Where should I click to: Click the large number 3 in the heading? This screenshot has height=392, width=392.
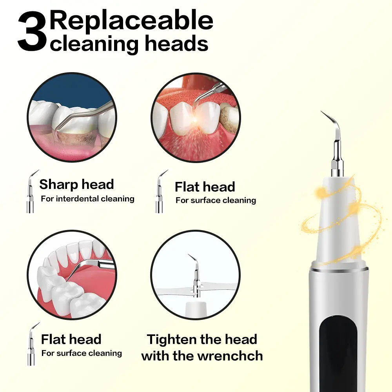(x=32, y=31)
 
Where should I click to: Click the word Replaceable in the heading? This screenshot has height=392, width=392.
(x=131, y=21)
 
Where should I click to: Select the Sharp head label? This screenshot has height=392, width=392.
(x=76, y=185)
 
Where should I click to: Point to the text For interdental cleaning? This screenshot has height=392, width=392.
(x=87, y=199)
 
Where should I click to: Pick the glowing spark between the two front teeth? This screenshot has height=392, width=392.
(x=195, y=121)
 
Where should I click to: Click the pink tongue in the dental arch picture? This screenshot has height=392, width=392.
(x=95, y=278)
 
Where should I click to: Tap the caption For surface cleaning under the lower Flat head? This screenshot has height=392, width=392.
(x=82, y=353)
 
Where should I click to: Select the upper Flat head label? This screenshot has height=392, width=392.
(x=205, y=187)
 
